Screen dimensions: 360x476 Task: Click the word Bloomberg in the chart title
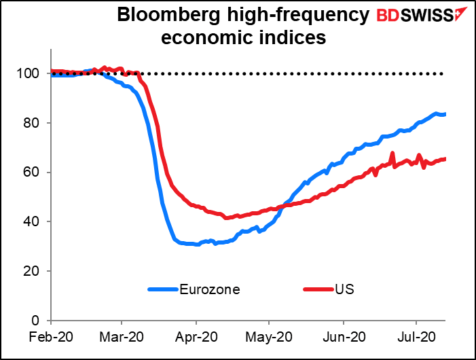pyautogui.click(x=161, y=16)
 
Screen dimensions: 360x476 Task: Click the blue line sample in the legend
pyautogui.click(x=163, y=289)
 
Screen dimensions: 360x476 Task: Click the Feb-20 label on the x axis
pyautogui.click(x=50, y=336)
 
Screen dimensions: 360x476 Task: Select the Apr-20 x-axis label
pyautogui.click(x=196, y=336)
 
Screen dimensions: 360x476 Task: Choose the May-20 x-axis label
pyautogui.click(x=269, y=336)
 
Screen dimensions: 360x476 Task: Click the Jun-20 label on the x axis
pyautogui.click(x=343, y=336)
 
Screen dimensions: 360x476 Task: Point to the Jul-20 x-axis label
pyautogui.click(x=416, y=336)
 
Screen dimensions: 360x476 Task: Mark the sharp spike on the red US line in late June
pyautogui.click(x=392, y=154)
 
